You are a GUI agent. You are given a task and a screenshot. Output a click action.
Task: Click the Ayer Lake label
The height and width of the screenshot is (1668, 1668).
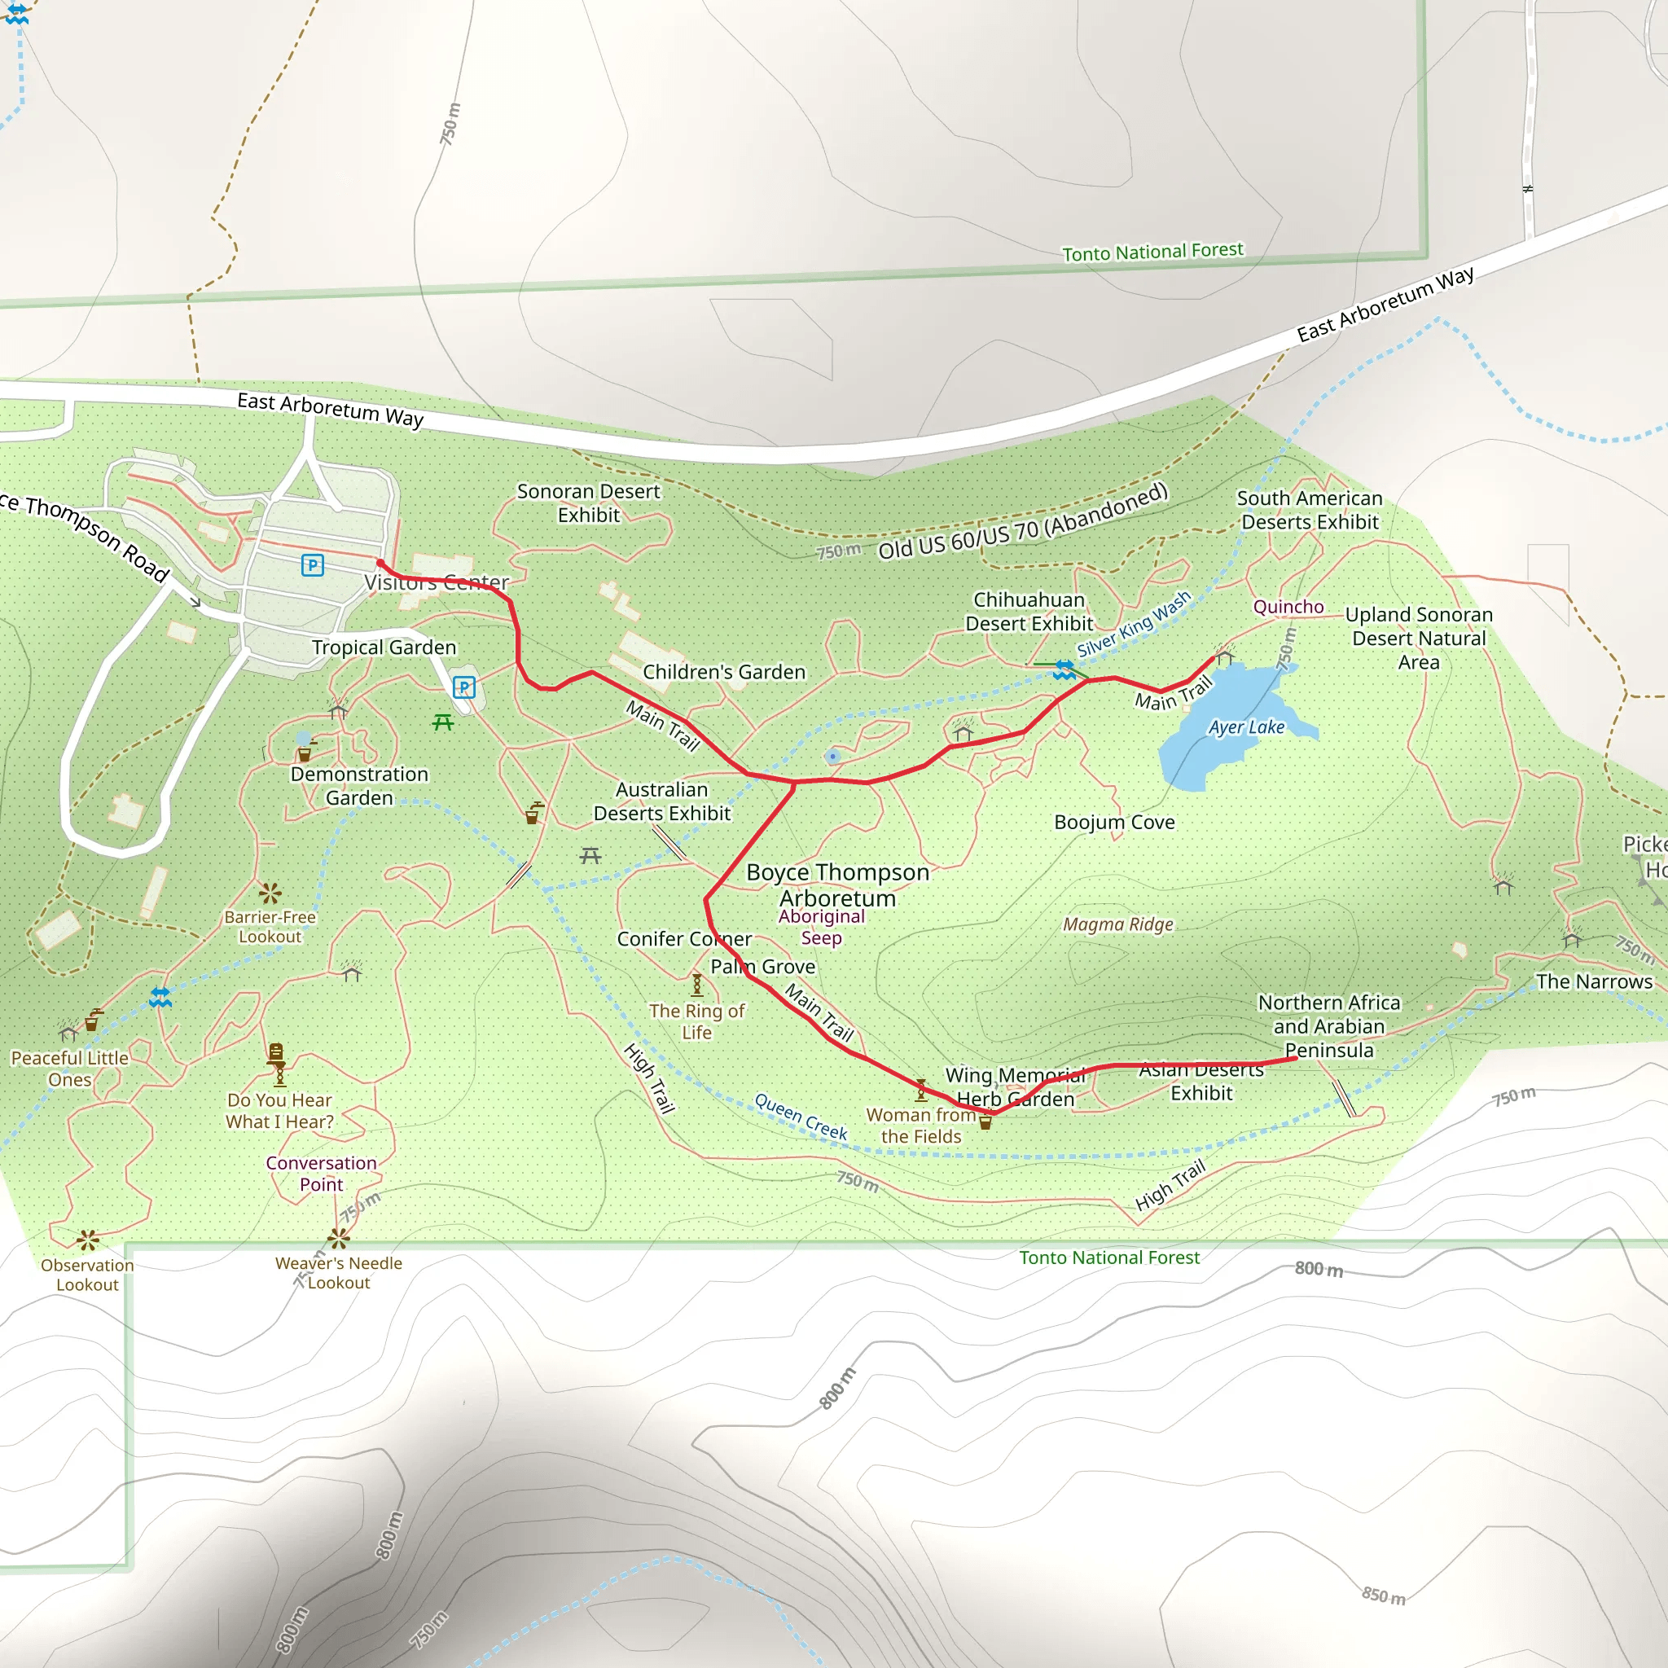click(1246, 728)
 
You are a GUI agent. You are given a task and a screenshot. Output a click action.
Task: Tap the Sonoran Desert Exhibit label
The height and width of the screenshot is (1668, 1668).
click(588, 503)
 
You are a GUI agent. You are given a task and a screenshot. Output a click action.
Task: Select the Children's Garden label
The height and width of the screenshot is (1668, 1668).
click(723, 672)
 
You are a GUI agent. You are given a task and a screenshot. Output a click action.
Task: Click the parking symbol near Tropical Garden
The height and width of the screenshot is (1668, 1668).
click(463, 687)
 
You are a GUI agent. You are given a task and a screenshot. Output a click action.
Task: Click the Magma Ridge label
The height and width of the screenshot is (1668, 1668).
click(1117, 924)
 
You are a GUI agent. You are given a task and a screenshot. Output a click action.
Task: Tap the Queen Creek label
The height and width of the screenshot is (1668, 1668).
click(801, 1117)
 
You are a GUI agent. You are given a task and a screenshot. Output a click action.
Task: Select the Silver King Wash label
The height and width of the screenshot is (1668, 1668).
click(1133, 623)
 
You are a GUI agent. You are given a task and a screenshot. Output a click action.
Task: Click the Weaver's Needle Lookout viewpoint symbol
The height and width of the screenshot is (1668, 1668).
click(339, 1239)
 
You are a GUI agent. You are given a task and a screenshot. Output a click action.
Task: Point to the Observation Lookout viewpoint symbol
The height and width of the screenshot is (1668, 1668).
click(87, 1240)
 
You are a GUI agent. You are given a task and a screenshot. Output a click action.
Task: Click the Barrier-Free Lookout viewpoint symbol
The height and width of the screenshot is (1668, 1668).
click(270, 893)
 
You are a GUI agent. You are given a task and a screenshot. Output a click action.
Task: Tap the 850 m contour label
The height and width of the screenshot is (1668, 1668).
click(1383, 1596)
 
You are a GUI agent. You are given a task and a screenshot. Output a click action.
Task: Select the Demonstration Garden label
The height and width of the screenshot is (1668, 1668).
click(359, 786)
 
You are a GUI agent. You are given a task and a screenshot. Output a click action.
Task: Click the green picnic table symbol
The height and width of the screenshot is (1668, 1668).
click(443, 722)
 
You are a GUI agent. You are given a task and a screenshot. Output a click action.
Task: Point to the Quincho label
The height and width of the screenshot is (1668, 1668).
click(1288, 607)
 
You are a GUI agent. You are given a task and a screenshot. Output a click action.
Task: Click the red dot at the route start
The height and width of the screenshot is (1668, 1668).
click(380, 563)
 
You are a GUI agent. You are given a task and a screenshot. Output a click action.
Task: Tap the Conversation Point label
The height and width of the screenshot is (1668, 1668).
click(321, 1174)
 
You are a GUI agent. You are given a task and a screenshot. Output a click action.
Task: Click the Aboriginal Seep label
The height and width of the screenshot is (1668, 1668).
click(821, 927)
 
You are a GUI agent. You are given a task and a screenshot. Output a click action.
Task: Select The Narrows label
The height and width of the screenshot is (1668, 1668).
click(1594, 981)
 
